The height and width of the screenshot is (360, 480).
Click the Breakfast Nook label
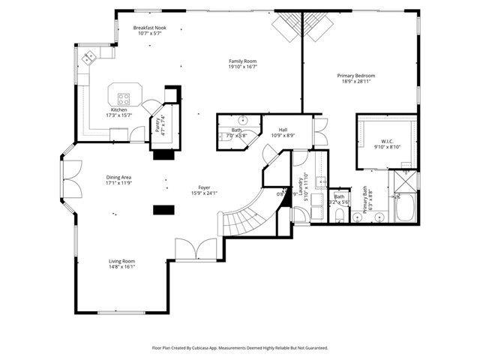coord(150,28)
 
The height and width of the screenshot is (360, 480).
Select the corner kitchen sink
coord(88,56)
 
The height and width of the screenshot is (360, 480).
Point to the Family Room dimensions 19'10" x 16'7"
coord(243,67)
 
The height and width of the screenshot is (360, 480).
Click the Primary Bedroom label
coord(355,76)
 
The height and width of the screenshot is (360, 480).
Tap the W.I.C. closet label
coord(387,140)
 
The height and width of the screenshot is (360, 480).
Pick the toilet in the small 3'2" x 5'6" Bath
coord(339,216)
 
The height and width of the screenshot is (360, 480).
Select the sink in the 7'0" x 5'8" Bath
coord(244,120)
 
